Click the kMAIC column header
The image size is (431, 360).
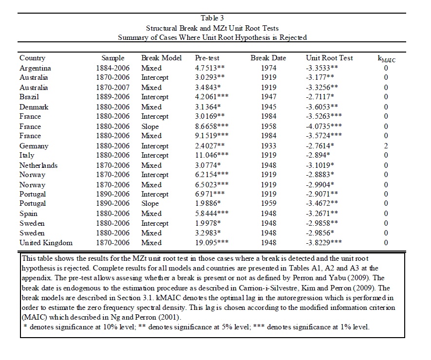tap(386, 59)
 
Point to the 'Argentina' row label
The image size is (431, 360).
tap(35, 68)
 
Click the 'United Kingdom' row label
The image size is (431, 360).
tap(46, 242)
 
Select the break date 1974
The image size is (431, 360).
tap(268, 68)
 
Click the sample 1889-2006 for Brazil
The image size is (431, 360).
tap(112, 97)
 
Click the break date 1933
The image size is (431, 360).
tap(268, 145)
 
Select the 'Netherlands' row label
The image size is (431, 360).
tap(38, 165)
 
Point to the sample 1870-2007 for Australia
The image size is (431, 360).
tap(112, 88)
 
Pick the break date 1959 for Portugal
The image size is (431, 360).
tap(268, 203)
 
